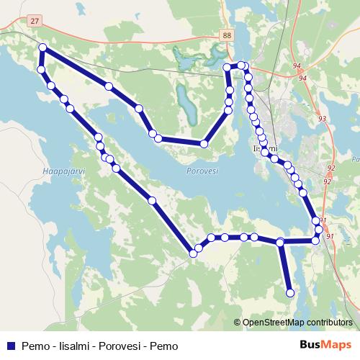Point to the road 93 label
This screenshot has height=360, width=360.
coord(321,119)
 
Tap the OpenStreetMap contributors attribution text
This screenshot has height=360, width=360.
coord(297,323)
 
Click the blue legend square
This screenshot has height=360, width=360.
coord(11,345)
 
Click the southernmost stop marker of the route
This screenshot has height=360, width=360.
coord(290,292)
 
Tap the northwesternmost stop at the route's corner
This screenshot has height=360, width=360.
coord(42,48)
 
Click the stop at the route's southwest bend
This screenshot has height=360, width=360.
coord(193,253)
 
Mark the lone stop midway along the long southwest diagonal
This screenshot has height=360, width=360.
coord(152,200)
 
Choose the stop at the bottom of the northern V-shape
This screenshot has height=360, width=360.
coord(204,144)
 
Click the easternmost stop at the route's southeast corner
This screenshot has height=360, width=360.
coord(319,230)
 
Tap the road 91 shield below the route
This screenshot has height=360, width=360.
coord(330,236)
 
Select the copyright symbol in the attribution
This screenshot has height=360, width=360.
coord(237,323)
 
